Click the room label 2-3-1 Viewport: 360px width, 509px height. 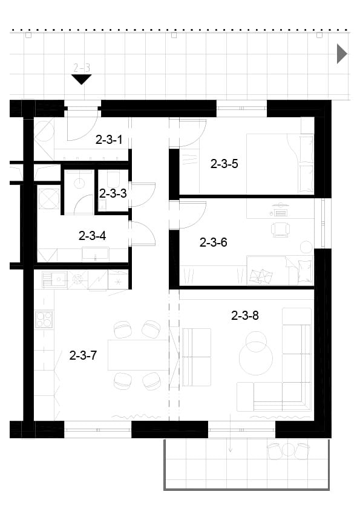pos(109,140)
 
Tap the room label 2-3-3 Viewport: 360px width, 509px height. pos(113,193)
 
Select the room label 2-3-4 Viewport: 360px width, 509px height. pos(93,236)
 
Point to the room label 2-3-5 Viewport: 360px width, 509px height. pos(224,164)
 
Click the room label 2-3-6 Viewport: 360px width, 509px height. pos(213,242)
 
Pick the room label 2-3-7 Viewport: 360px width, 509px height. pos(83,355)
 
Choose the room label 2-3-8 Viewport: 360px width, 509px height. pos(245,315)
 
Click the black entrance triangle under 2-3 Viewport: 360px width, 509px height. pos(81,79)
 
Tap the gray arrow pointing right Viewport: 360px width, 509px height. pos(342,54)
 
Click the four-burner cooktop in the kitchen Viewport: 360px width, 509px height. pos(44,319)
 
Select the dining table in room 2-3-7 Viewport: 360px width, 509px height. pos(139,355)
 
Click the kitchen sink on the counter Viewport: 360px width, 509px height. pos(55,279)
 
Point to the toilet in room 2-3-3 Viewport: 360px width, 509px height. pos(113,178)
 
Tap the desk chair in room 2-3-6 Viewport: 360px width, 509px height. pos(280,229)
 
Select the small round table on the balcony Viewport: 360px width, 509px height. pos(288,450)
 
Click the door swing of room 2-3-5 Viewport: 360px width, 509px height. pos(193,134)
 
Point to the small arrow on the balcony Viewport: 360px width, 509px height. pos(231,446)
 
